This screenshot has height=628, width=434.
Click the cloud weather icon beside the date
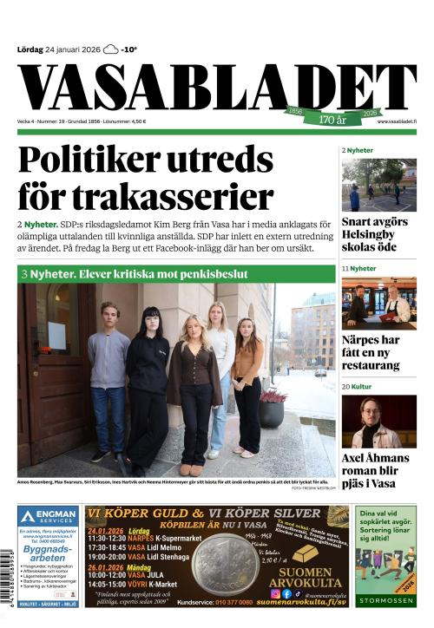[x=110, y=49]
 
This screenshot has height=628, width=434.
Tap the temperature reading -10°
[x=128, y=49]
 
